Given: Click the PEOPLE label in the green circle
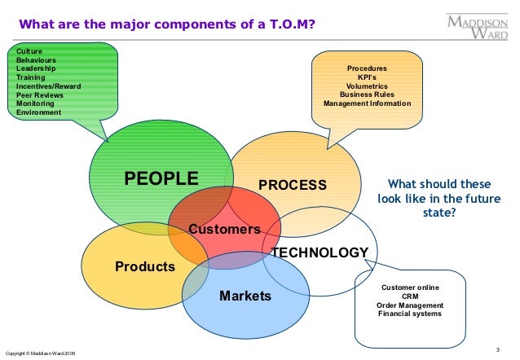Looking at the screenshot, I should tap(161, 178).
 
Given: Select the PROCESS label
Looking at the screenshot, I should tap(292, 185).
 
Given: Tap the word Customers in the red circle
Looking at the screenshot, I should tap(224, 230).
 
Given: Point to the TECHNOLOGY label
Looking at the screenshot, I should tap(319, 252).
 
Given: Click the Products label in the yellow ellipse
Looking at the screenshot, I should tap(145, 266).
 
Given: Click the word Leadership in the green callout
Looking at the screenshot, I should tap(36, 68).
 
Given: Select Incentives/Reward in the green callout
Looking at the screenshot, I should tap(49, 86).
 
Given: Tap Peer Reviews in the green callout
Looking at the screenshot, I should tap(39, 95).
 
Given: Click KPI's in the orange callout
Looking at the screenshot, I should tap(367, 77).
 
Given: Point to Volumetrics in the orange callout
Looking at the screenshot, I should tap(367, 86).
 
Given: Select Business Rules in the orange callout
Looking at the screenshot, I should tap(367, 95).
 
